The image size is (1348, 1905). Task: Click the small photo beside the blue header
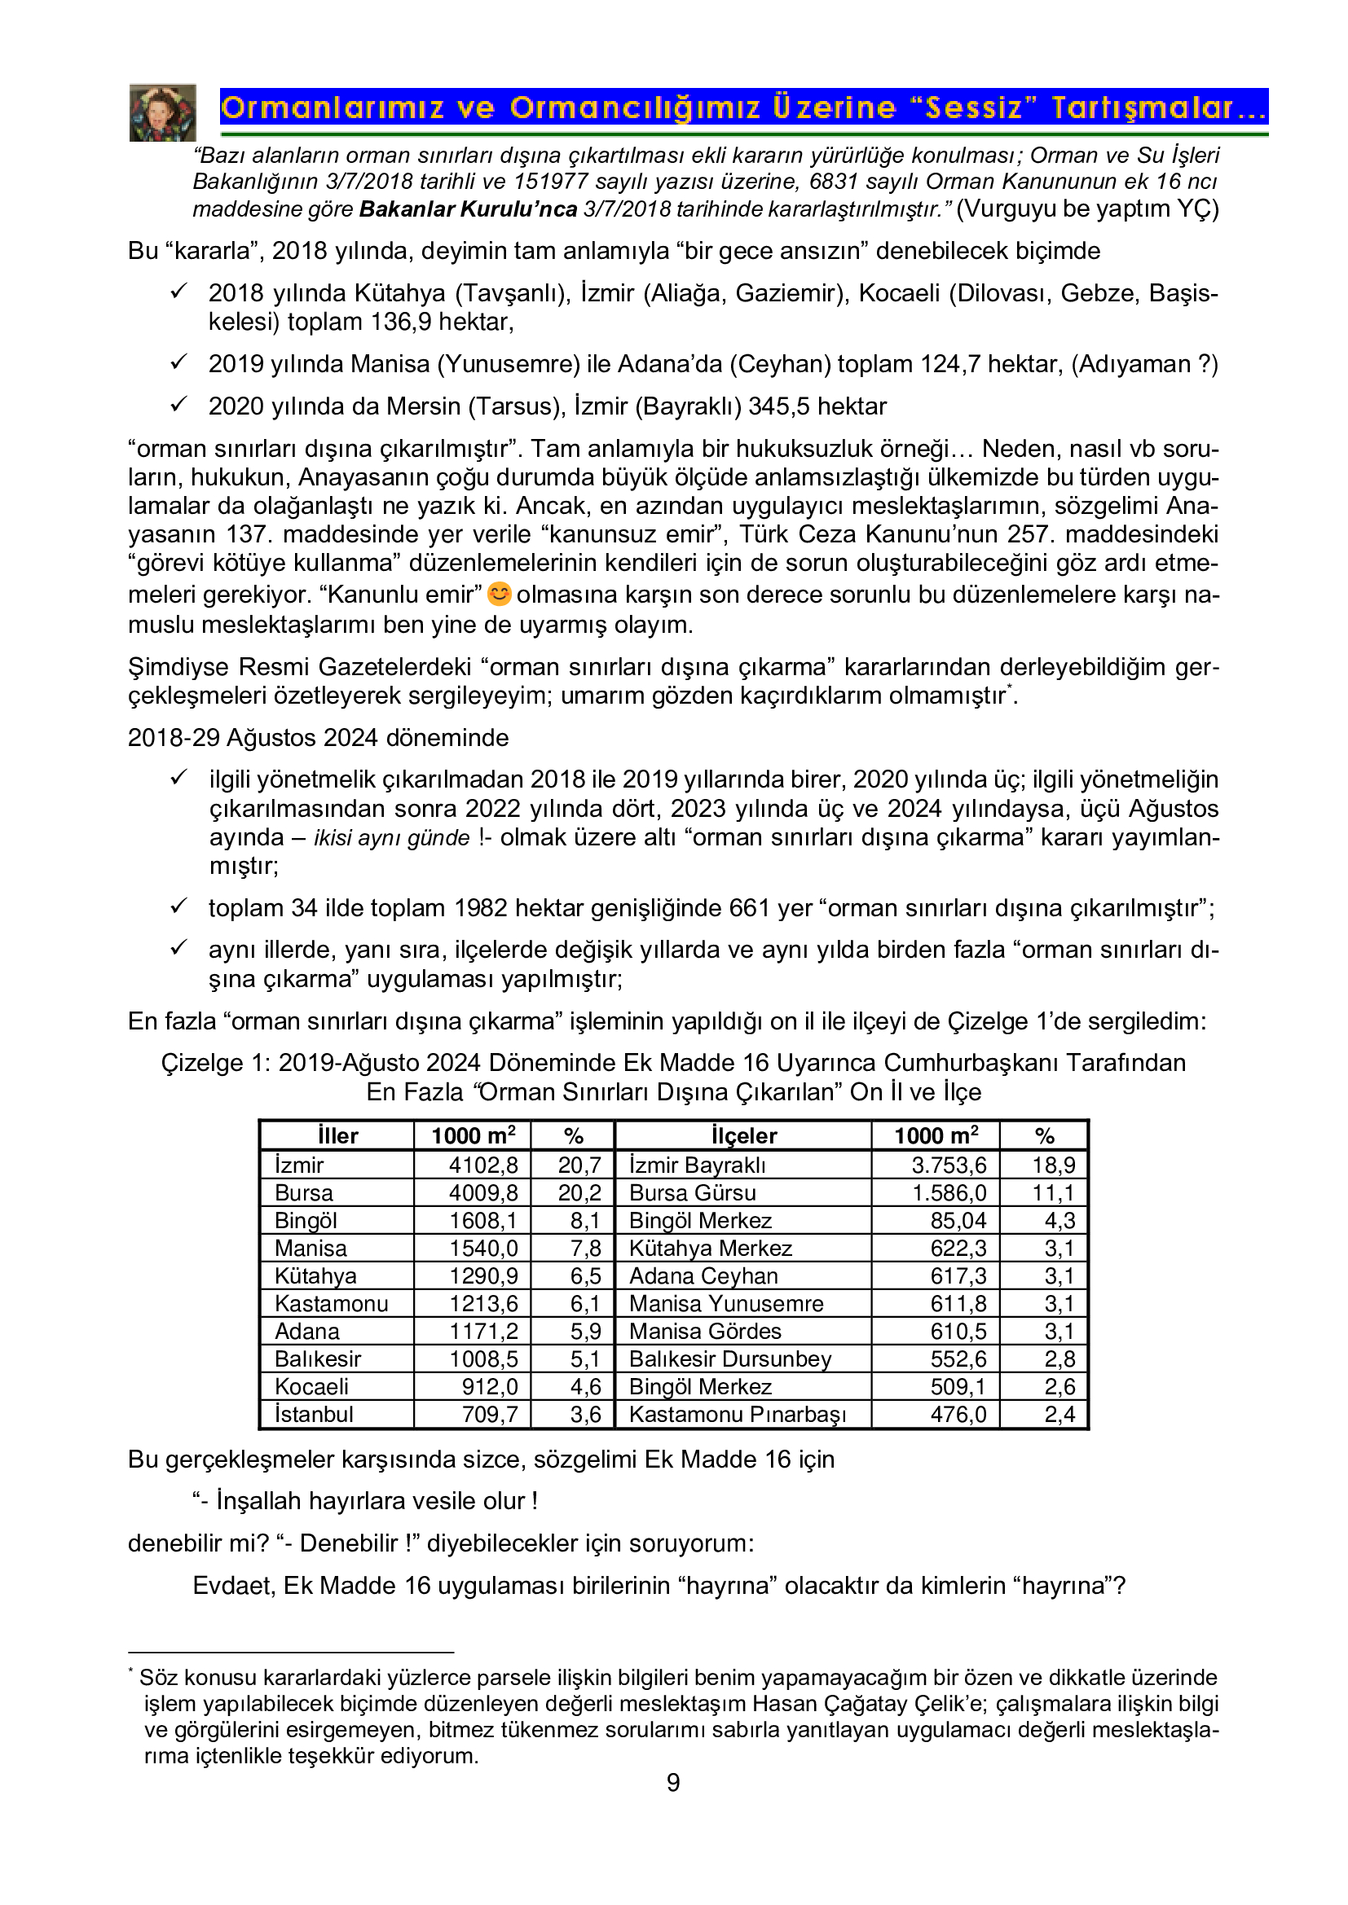coord(163,113)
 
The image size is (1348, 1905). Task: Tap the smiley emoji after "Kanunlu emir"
coord(499,594)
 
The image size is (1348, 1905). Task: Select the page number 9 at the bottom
coord(673,1782)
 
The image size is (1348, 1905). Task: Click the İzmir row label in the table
coord(300,1165)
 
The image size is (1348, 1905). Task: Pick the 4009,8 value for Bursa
coord(483,1192)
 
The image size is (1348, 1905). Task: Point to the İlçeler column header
coord(744,1136)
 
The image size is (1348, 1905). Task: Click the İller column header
coord(338,1136)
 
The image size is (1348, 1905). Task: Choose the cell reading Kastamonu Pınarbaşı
coord(737,1414)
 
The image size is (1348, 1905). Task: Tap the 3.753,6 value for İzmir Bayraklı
coord(949,1165)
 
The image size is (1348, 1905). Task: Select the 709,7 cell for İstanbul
coord(490,1414)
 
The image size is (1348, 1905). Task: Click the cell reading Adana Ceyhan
coord(703,1275)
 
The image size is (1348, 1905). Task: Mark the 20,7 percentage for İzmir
coord(579,1165)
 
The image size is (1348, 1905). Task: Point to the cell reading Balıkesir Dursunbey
coord(729,1359)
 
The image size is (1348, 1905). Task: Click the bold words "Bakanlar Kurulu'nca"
coord(467,209)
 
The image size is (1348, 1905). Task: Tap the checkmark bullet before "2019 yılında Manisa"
coord(179,362)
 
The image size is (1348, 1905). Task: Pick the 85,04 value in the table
coord(958,1221)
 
